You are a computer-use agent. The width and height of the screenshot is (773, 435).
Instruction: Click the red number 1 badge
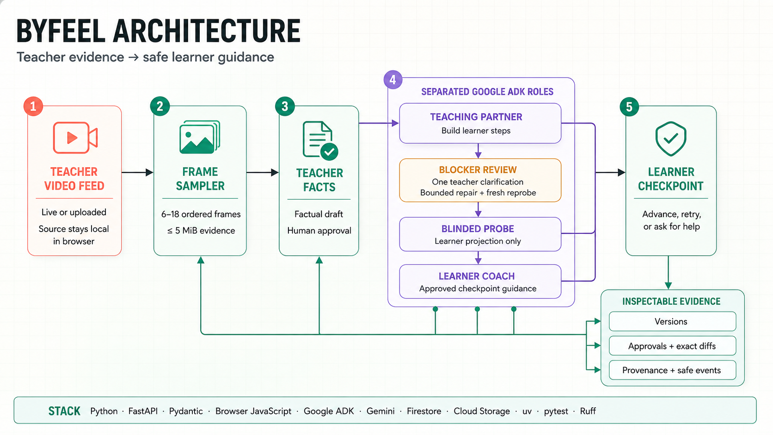(33, 106)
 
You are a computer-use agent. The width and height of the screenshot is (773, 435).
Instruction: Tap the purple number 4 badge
(393, 80)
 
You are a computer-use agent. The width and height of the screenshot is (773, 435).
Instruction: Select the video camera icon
(75, 137)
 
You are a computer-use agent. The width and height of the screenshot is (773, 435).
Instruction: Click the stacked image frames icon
(200, 137)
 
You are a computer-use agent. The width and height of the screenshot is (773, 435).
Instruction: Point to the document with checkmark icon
(320, 141)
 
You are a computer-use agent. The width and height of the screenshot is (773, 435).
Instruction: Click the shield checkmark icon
(670, 139)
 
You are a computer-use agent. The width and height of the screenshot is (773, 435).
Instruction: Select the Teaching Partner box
(480, 123)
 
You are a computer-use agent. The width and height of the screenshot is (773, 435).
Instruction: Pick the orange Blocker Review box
(480, 180)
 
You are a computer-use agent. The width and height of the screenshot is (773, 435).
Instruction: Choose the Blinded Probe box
(480, 234)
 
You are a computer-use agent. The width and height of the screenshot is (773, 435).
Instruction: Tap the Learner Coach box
(480, 282)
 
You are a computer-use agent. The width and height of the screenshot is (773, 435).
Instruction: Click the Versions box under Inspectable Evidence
(672, 321)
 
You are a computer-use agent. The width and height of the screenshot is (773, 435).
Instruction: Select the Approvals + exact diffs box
(672, 346)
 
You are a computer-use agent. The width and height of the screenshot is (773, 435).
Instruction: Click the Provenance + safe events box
(672, 370)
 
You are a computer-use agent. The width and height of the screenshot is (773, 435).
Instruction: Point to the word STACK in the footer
(64, 411)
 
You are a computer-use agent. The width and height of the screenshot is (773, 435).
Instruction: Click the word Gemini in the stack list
(380, 411)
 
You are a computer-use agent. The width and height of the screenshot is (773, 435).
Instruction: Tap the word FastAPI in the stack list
(143, 411)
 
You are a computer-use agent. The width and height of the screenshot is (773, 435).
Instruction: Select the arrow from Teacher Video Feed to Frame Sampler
(137, 172)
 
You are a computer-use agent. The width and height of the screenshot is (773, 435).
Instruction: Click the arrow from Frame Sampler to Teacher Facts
(263, 172)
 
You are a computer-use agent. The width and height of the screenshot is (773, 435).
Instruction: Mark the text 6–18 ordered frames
(201, 214)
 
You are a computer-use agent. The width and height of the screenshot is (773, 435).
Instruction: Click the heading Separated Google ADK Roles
(487, 92)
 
